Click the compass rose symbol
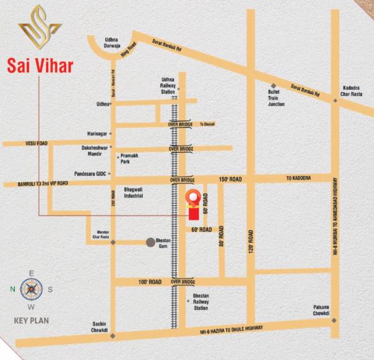(x=31, y=288)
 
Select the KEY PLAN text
(x=31, y=321)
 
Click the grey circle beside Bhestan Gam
(x=150, y=241)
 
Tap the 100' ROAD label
(x=150, y=283)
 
